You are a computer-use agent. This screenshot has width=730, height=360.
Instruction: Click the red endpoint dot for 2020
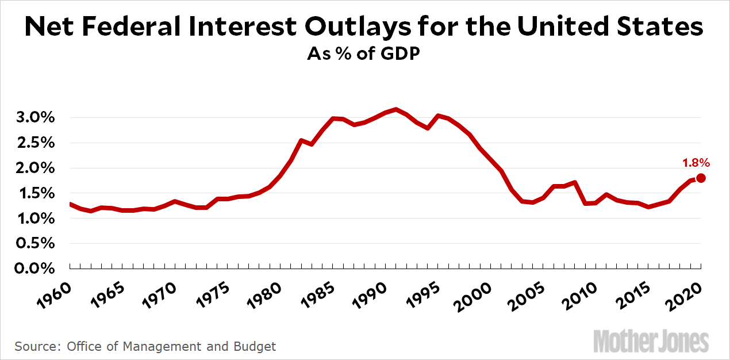click(x=701, y=178)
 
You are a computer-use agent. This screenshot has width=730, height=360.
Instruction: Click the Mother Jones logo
click(x=651, y=341)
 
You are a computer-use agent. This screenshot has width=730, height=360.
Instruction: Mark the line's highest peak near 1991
click(x=395, y=109)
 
